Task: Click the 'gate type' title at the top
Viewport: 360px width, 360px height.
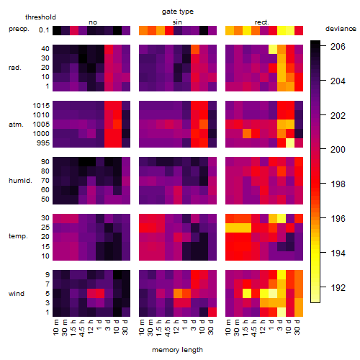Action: (x=178, y=12)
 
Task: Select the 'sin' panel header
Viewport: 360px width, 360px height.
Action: (x=177, y=22)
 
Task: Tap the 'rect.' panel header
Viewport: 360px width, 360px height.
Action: (x=261, y=22)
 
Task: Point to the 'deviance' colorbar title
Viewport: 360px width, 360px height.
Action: (x=341, y=29)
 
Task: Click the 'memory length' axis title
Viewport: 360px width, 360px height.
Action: (x=177, y=350)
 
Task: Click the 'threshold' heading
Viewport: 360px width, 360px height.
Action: (x=40, y=17)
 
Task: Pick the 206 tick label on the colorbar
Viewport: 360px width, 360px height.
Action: (x=338, y=46)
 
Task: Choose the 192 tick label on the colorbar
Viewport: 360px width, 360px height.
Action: (x=338, y=287)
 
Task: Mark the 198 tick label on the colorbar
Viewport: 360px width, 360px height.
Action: (x=338, y=184)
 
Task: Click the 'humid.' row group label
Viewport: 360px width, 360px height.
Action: (x=20, y=181)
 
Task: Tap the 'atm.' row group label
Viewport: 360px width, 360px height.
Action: (x=16, y=125)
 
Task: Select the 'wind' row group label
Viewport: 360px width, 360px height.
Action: (x=17, y=294)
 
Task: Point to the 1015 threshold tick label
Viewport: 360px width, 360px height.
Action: (x=41, y=106)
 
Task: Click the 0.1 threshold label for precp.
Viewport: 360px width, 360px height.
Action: (x=44, y=30)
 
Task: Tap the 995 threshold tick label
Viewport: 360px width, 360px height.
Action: (x=43, y=143)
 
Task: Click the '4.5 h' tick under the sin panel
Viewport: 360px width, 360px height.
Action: (x=168, y=328)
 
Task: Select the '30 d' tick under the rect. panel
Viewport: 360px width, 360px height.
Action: (x=297, y=327)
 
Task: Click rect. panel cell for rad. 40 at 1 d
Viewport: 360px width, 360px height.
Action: (x=273, y=49)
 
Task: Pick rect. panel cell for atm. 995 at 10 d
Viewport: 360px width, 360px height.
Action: (x=290, y=143)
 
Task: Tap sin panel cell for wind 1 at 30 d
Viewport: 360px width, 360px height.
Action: (x=212, y=312)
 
